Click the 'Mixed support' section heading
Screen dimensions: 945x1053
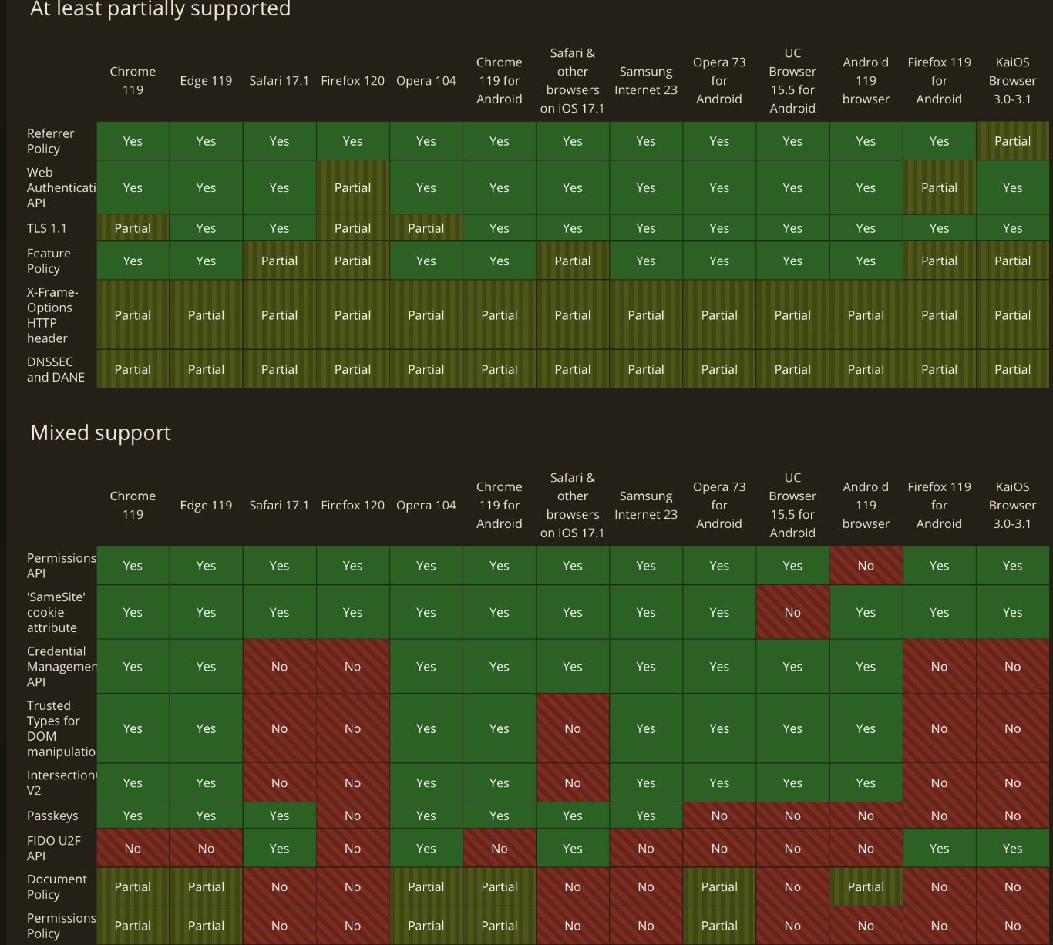coord(101,433)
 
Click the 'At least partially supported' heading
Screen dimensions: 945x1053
coord(160,9)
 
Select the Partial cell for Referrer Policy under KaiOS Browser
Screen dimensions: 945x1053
coord(1012,141)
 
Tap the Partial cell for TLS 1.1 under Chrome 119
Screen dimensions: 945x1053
coord(133,228)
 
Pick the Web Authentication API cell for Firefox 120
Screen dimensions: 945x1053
coord(352,187)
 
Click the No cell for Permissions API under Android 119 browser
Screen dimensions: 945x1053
coord(866,566)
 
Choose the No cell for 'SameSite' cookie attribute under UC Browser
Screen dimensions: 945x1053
coord(792,612)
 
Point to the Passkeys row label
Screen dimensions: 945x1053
coord(52,816)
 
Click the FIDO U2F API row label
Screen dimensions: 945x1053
coord(54,848)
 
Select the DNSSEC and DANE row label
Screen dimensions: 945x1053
coord(56,369)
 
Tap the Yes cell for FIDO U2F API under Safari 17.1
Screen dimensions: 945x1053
coord(279,848)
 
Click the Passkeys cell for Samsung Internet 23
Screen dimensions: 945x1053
coord(646,816)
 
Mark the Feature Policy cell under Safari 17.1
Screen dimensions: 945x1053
coord(279,261)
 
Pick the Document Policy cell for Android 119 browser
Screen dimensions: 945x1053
coord(866,886)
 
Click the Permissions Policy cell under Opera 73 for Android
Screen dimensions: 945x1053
coord(719,926)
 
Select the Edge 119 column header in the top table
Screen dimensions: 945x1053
coord(206,81)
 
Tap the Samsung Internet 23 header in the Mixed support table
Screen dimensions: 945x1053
coord(646,506)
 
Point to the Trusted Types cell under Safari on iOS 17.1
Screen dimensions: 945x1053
coord(573,728)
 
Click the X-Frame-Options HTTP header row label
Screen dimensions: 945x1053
coord(52,315)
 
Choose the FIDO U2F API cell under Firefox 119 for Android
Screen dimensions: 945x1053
coord(939,848)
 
